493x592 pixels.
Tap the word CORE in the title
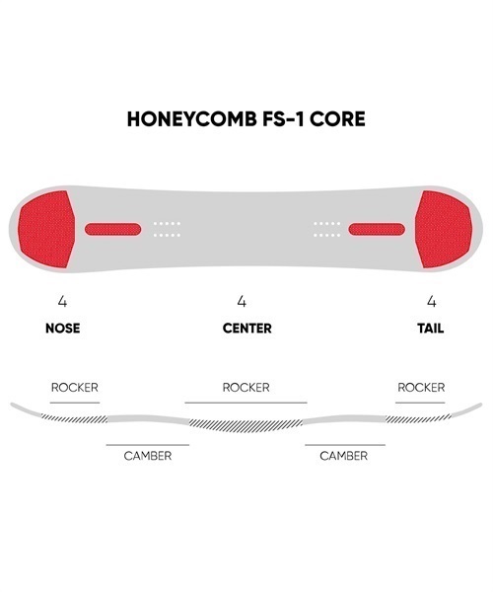pyautogui.click(x=337, y=119)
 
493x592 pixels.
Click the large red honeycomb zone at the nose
pyautogui.click(x=46, y=229)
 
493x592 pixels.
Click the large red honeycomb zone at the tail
pyautogui.click(x=444, y=229)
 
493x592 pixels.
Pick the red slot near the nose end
pyautogui.click(x=112, y=229)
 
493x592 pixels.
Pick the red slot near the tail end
pyautogui.click(x=377, y=229)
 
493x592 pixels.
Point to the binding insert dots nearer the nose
pyautogui.click(x=167, y=229)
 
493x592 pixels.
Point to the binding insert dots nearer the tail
pyautogui.click(x=327, y=229)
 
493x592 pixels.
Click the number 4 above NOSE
pyautogui.click(x=62, y=301)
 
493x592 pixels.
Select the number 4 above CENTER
pyautogui.click(x=242, y=301)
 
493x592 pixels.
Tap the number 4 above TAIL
pyautogui.click(x=432, y=301)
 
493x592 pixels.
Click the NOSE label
pyautogui.click(x=63, y=329)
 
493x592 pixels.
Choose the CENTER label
pyautogui.click(x=247, y=329)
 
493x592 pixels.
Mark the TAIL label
pyautogui.click(x=430, y=329)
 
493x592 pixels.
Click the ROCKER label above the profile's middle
pyautogui.click(x=246, y=388)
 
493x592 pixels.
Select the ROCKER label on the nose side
pyautogui.click(x=75, y=388)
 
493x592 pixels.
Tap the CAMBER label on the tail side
pyautogui.click(x=344, y=456)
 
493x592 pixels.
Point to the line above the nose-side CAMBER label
pyautogui.click(x=148, y=445)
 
